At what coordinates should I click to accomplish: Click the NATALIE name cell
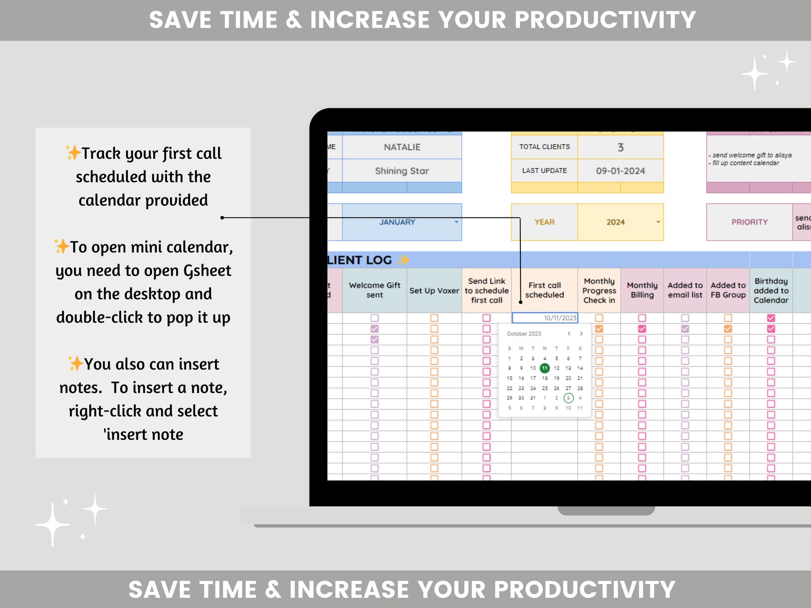pyautogui.click(x=402, y=147)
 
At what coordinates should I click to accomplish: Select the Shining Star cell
pyautogui.click(x=402, y=171)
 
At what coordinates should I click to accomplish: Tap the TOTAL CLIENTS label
pyautogui.click(x=544, y=147)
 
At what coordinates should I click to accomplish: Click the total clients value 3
pyautogui.click(x=621, y=148)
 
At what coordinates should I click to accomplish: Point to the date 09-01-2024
pyautogui.click(x=621, y=171)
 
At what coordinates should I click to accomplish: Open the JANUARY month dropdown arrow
pyautogui.click(x=457, y=222)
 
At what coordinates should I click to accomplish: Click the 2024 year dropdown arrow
pyautogui.click(x=658, y=222)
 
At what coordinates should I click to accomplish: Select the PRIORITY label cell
pyautogui.click(x=749, y=222)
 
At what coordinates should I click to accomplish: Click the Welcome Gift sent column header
pyautogui.click(x=374, y=290)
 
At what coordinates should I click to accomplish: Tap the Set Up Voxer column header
pyautogui.click(x=434, y=290)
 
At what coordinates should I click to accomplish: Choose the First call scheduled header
pyautogui.click(x=544, y=290)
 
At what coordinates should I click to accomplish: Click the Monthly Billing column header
pyautogui.click(x=642, y=290)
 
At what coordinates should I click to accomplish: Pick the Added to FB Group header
pyautogui.click(x=728, y=290)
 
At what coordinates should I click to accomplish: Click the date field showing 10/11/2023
pyautogui.click(x=545, y=318)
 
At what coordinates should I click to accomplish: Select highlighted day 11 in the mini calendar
pyautogui.click(x=545, y=368)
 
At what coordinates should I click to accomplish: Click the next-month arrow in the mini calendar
pyautogui.click(x=581, y=334)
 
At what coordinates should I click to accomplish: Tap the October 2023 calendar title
pyautogui.click(x=524, y=334)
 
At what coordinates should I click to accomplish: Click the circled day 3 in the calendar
pyautogui.click(x=568, y=398)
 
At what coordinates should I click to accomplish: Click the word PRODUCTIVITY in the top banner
pyautogui.click(x=605, y=20)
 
